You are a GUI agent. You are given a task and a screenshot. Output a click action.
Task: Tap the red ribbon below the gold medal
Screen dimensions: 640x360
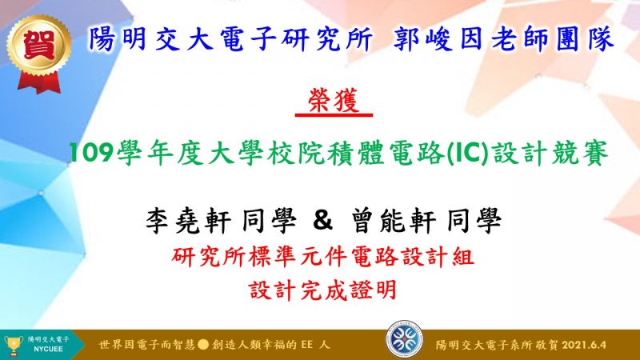coord(39,83)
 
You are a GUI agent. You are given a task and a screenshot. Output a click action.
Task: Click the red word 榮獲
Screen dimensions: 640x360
coord(334,99)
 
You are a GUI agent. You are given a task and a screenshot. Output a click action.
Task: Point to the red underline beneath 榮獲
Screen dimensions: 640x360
coord(334,115)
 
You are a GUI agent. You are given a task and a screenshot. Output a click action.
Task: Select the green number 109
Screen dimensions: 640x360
coord(91,153)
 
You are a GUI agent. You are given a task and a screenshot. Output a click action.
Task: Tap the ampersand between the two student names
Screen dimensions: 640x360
coord(323,220)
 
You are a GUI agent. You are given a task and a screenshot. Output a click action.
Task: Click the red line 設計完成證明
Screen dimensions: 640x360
coord(323,290)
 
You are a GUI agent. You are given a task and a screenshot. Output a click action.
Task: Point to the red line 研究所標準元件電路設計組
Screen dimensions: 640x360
coord(323,257)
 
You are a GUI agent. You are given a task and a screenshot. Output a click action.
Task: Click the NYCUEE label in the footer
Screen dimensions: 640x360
coord(48,350)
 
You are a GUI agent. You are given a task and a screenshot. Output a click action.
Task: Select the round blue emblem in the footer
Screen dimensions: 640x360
coord(405,339)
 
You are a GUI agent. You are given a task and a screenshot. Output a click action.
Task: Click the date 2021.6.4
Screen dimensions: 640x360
coord(584,345)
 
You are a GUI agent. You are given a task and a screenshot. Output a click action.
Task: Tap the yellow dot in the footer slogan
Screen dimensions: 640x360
coord(203,345)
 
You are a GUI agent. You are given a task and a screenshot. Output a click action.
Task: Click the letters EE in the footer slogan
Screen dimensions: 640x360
coord(307,345)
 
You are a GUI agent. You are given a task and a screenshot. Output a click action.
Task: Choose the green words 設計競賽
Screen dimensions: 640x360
coord(550,153)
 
